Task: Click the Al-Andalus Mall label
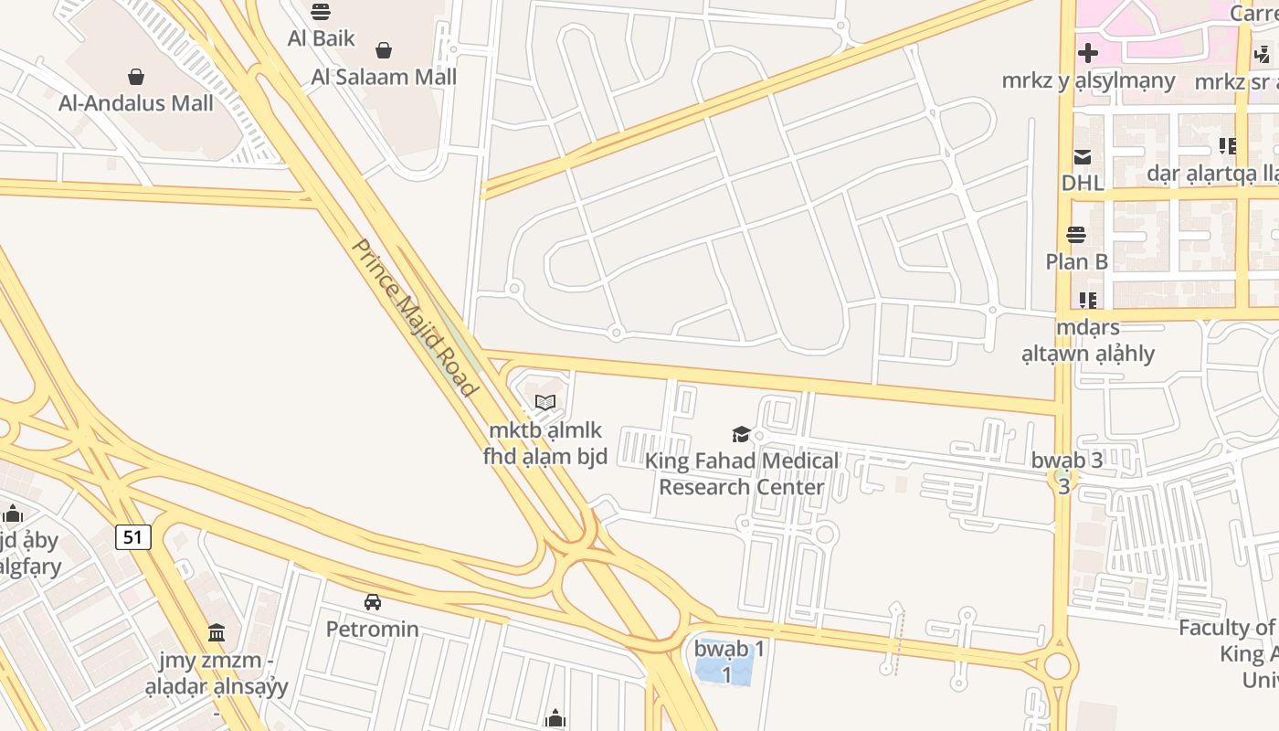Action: (x=136, y=103)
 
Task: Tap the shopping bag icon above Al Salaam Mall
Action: (x=384, y=50)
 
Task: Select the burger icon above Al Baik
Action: (x=321, y=12)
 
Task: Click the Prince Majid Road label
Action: (x=416, y=317)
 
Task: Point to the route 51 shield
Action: (x=133, y=536)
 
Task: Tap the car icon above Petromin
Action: (x=373, y=602)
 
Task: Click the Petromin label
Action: (x=373, y=630)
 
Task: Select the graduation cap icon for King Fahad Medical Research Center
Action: (x=741, y=434)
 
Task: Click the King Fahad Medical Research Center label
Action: (x=742, y=473)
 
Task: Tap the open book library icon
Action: (x=545, y=402)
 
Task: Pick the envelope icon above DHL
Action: (x=1083, y=156)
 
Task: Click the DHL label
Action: (x=1083, y=183)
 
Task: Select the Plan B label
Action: (x=1077, y=262)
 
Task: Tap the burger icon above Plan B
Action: (x=1077, y=236)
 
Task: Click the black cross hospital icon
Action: (x=1088, y=53)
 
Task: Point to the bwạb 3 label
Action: (x=1067, y=461)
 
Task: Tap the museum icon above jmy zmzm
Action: (x=217, y=632)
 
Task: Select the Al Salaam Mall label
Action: (x=384, y=77)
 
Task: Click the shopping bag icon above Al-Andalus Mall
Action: (x=136, y=76)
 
